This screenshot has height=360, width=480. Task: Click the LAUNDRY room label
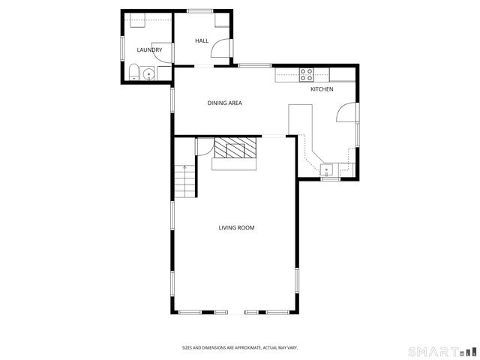tap(149, 50)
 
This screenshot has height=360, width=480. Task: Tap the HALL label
tap(202, 40)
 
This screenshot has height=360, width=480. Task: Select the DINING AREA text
tap(225, 103)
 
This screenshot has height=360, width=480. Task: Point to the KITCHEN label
tap(322, 89)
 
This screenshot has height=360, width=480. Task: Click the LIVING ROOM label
tap(236, 227)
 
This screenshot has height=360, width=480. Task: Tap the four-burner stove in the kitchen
tap(307, 73)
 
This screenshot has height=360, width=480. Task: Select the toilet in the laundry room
tap(133, 73)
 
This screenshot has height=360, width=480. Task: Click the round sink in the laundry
tap(148, 73)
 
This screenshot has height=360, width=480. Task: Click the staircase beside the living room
tap(185, 181)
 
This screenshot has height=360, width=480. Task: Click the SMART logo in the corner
tap(441, 350)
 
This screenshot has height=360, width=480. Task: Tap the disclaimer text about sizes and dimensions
tap(239, 347)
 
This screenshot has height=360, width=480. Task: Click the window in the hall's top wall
tap(199, 10)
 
